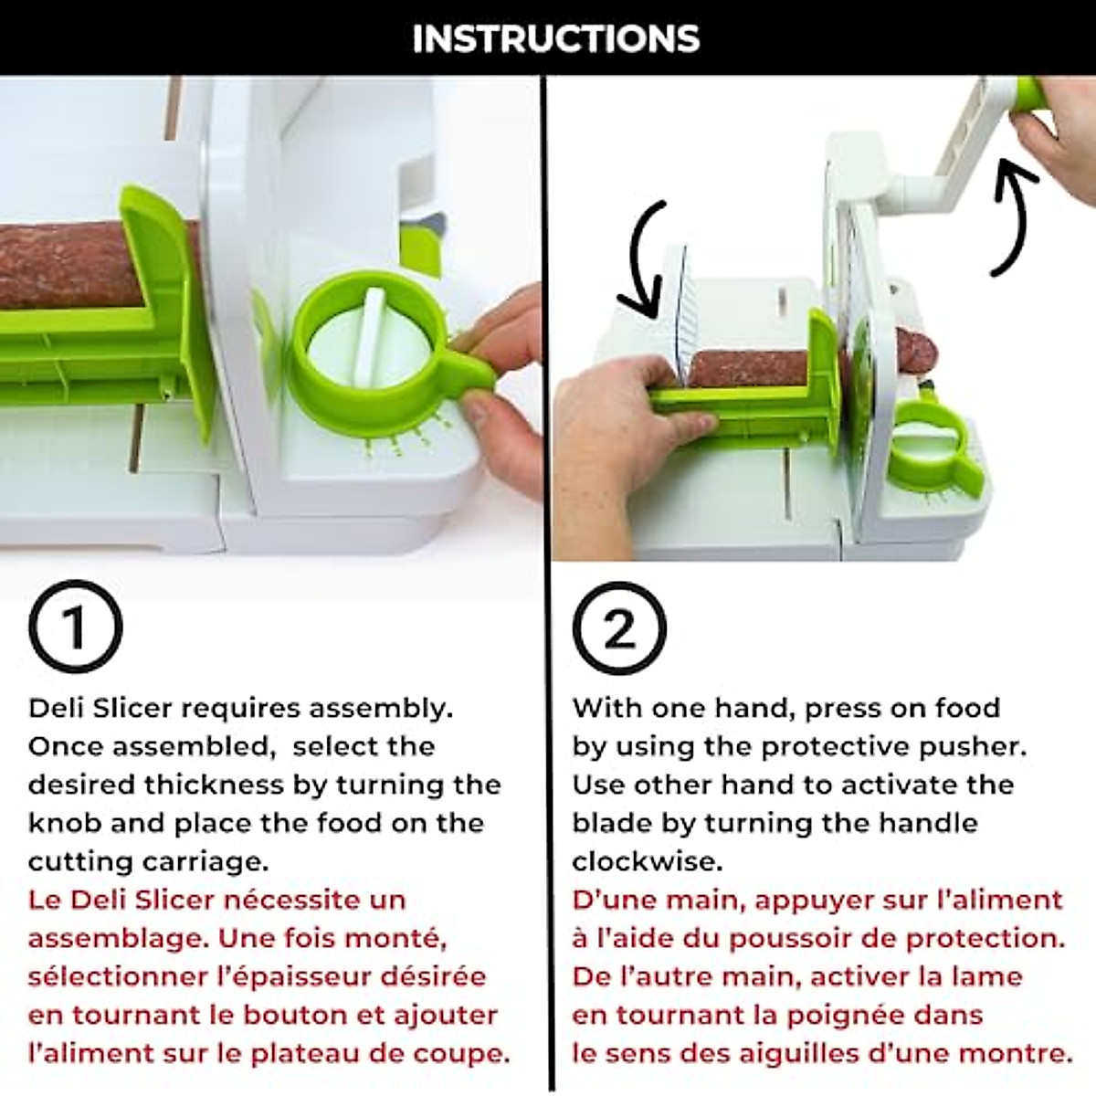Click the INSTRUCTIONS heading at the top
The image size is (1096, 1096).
[x=555, y=38]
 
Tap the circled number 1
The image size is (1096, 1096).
[x=75, y=627]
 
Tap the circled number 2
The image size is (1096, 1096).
[x=619, y=627]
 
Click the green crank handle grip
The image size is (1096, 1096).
[x=1029, y=93]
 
